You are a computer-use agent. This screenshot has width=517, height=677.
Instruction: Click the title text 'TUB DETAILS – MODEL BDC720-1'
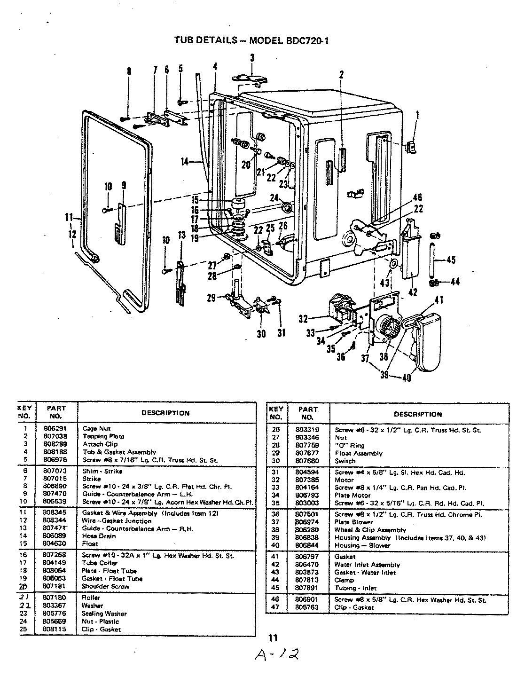click(251, 40)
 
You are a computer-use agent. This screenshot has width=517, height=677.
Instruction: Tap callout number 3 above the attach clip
click(252, 58)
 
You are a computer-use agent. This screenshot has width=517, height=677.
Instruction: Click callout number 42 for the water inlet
click(413, 291)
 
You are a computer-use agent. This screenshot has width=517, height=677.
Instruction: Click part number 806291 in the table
click(55, 428)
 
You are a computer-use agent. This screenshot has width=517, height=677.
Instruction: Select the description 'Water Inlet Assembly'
click(367, 565)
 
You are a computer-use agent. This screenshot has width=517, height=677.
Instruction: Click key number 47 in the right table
click(275, 607)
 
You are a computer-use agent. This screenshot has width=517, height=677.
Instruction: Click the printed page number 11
click(273, 638)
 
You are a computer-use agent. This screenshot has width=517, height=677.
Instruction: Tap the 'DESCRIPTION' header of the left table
click(165, 413)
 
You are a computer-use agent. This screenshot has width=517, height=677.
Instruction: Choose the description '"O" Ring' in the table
click(349, 445)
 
